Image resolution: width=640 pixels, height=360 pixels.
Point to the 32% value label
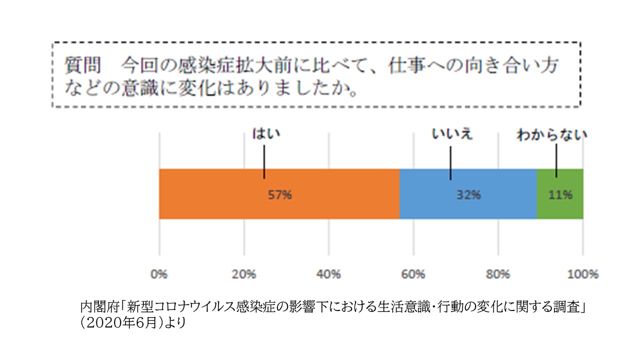point(468,195)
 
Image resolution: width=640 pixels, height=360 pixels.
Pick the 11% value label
point(560,195)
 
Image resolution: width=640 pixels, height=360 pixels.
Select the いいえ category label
point(452,134)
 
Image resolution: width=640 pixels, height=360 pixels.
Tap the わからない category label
point(552,134)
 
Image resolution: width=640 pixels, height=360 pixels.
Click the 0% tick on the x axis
point(159,274)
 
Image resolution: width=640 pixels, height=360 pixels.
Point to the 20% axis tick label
point(243,274)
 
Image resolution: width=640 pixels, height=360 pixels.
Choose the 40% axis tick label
point(328,274)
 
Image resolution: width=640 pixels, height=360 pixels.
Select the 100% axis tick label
point(582,274)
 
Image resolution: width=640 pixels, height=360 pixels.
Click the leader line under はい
point(264,162)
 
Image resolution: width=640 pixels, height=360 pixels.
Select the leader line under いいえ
point(450,163)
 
